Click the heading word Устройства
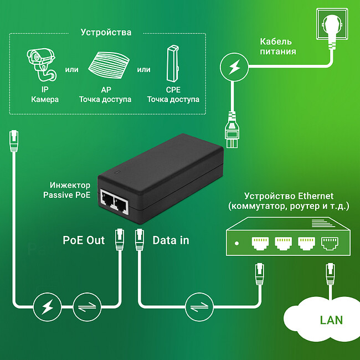pyautogui.click(x=106, y=32)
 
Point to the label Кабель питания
pyautogui.click(x=277, y=47)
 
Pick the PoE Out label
pyautogui.click(x=84, y=240)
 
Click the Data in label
pyautogui.click(x=171, y=240)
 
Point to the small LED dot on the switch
pyautogui.click(x=237, y=243)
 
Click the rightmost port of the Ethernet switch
pyautogui.click(x=330, y=242)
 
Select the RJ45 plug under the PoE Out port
pyautogui.click(x=119, y=239)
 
